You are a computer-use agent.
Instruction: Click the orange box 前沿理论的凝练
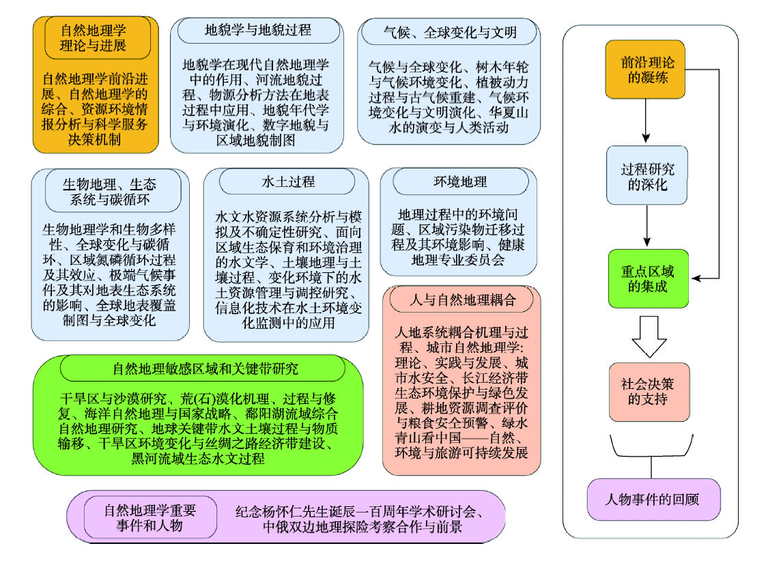[645, 69]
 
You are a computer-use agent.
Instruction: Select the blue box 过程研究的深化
[647, 175]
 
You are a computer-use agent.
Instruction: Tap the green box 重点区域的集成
[648, 278]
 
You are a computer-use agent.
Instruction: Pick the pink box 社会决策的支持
[649, 392]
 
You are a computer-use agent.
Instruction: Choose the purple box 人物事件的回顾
[653, 500]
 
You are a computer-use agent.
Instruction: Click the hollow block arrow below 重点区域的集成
[649, 336]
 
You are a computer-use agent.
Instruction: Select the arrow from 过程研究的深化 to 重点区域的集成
[647, 225]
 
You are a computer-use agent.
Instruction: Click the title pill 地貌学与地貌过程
[259, 30]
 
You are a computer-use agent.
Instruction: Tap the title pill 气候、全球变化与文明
[449, 32]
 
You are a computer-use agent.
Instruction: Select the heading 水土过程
[287, 182]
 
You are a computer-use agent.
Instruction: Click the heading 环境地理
[460, 182]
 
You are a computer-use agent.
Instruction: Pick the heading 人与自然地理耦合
[461, 300]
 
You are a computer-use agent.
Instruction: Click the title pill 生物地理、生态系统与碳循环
[113, 192]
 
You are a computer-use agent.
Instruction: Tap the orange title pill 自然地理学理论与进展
[98, 38]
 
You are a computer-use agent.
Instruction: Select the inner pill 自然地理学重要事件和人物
[150, 518]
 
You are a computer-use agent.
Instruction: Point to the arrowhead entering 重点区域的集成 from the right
[696, 278]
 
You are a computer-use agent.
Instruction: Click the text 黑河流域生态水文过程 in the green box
[198, 459]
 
